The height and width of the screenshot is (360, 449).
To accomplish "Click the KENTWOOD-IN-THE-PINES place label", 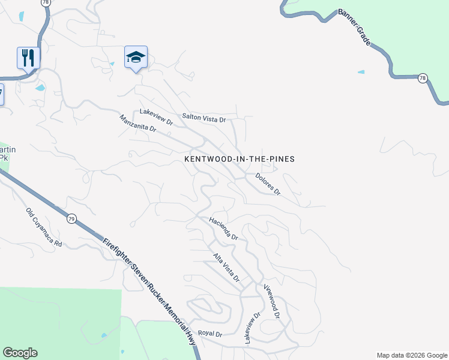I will click(x=239, y=159).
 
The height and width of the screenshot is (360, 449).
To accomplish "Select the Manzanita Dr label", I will click(x=137, y=124).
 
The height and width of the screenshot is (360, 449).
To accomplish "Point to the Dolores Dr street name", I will click(x=268, y=184).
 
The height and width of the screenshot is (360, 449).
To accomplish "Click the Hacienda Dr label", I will click(x=224, y=229).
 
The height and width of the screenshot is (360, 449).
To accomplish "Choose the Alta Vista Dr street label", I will click(x=227, y=268).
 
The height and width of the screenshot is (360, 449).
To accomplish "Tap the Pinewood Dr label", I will click(x=272, y=302).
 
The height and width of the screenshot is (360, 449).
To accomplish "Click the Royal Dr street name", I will click(x=210, y=334).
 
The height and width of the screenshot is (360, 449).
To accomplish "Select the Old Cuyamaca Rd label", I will click(x=44, y=227).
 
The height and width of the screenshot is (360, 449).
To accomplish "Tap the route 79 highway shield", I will click(x=71, y=218).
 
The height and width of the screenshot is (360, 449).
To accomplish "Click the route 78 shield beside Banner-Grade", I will click(x=423, y=78).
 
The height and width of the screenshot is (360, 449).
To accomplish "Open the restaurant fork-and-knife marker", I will click(x=28, y=58).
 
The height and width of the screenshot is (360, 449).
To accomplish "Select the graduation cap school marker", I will click(x=136, y=58).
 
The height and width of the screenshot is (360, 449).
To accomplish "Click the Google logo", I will click(x=20, y=353).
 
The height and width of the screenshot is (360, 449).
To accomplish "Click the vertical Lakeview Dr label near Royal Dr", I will click(x=252, y=328).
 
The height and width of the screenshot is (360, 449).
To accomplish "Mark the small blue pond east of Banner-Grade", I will click(x=361, y=72).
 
